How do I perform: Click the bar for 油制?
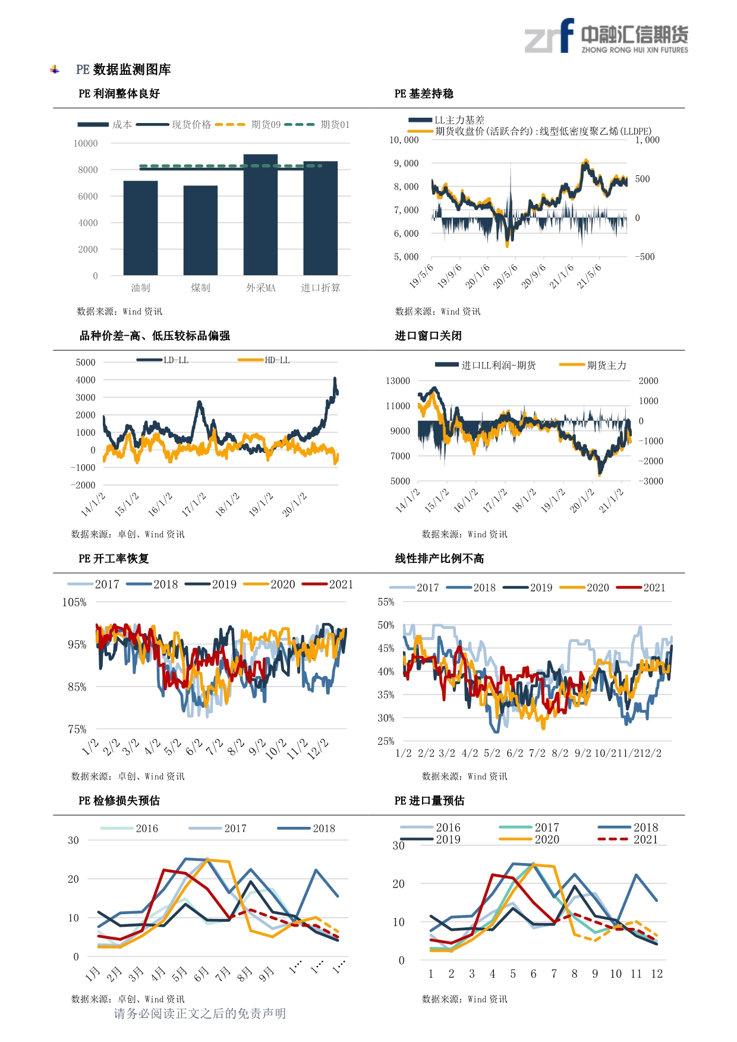[x=140, y=228]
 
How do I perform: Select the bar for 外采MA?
[x=260, y=215]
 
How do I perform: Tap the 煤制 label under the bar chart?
[x=200, y=288]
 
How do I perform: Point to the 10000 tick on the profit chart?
[x=86, y=143]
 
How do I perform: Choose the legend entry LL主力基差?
[x=446, y=120]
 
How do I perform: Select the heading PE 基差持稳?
[x=424, y=93]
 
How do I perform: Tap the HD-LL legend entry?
[x=263, y=360]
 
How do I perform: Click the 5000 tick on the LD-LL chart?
[x=86, y=362]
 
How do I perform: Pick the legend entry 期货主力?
[x=593, y=365]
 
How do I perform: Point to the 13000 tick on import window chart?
[x=398, y=380]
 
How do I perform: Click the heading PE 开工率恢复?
[x=114, y=558]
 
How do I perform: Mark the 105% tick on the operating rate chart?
[x=74, y=602]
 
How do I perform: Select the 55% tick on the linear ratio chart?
[x=386, y=602]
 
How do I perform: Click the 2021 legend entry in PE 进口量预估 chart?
[x=628, y=839]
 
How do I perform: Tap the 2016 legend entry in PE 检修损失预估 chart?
[x=129, y=828]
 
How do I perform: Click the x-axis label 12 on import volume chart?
[x=657, y=974]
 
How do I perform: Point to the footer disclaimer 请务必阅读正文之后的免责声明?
[x=200, y=1013]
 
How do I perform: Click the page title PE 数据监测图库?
[x=124, y=70]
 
